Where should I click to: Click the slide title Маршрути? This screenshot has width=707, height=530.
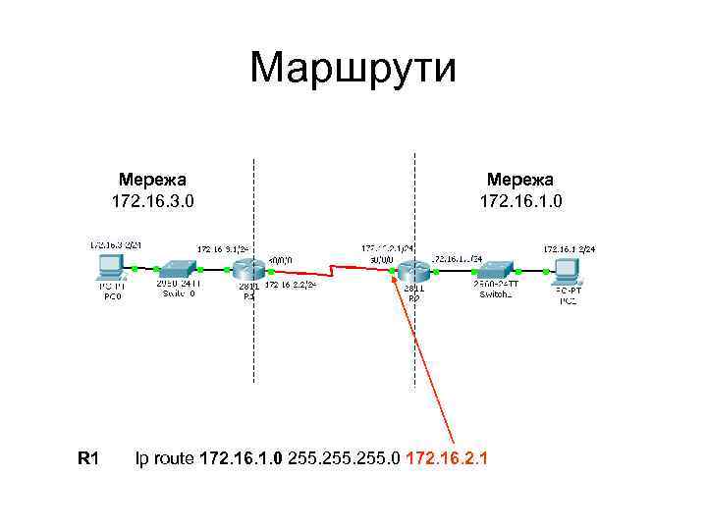353,69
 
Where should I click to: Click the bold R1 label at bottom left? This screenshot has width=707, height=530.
88,457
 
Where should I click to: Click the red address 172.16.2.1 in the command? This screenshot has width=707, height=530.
447,457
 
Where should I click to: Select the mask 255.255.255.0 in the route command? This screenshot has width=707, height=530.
344,457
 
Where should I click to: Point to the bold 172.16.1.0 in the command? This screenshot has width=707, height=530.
242,457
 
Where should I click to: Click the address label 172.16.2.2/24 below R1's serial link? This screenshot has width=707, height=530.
290,286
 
